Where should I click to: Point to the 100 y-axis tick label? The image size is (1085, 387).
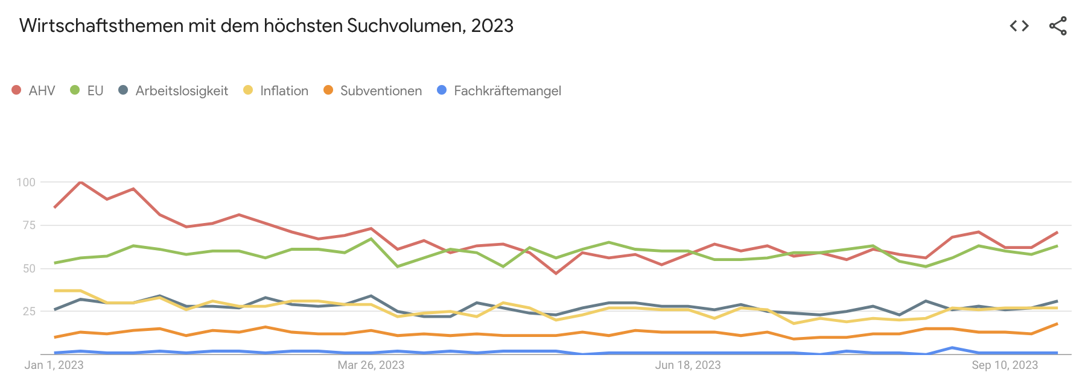(26, 182)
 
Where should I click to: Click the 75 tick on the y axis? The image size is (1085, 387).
(29, 225)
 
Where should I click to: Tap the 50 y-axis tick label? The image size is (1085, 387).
(29, 268)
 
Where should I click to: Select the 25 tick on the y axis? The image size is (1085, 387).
(29, 311)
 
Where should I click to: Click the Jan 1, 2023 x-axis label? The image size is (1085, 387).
(54, 365)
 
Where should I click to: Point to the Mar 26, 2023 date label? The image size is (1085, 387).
(371, 365)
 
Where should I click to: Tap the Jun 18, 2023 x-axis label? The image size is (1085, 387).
(688, 365)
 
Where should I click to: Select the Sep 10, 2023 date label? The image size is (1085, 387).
(1005, 365)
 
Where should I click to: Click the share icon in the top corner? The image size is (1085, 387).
(1058, 26)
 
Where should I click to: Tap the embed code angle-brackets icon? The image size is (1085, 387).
(1019, 26)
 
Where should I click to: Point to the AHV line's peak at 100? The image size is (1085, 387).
(80, 182)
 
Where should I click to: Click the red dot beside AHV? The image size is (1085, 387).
(16, 90)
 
